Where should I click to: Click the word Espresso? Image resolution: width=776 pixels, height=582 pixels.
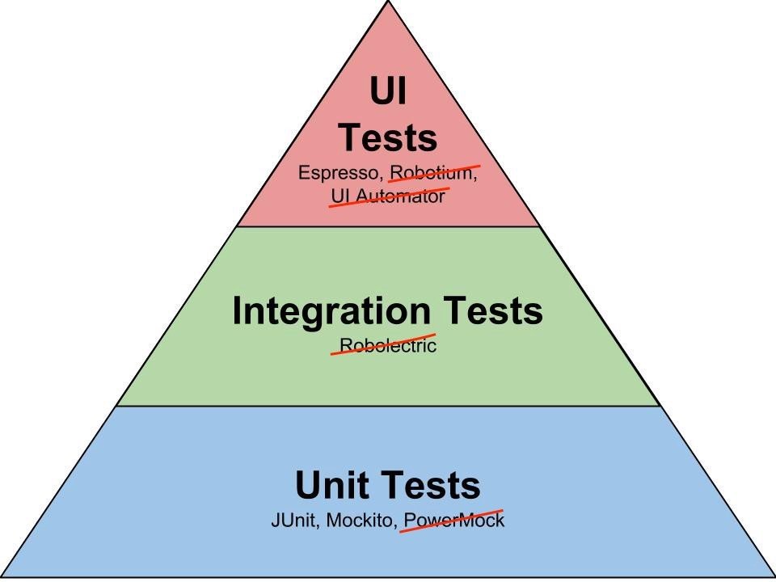pos(338,173)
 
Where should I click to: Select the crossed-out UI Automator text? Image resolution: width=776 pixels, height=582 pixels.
pos(388,196)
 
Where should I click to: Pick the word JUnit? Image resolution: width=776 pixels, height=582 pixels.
pos(292,520)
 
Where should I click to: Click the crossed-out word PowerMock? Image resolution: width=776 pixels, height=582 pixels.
pos(454,520)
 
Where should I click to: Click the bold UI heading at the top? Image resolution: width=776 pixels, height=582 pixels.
pos(388,91)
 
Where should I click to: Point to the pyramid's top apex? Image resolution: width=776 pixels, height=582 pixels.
pos(388,1)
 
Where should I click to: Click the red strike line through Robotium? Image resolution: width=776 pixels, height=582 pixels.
pos(434,174)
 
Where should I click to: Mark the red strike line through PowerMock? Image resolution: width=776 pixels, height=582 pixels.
pos(451,521)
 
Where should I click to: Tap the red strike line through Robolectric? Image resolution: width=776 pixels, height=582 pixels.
pos(382,344)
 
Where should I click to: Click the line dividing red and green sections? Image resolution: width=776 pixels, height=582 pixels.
pos(388,226)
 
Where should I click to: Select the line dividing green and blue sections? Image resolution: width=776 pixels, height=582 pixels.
pos(388,407)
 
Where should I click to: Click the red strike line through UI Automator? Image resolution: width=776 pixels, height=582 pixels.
pos(390,197)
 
